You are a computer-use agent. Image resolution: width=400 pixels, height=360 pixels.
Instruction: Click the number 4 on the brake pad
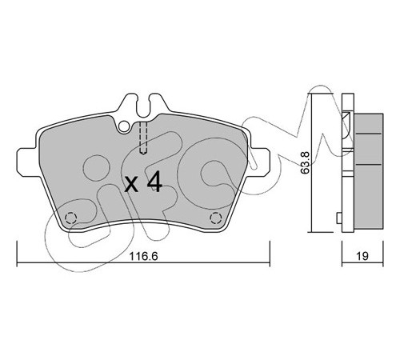[x=154, y=182]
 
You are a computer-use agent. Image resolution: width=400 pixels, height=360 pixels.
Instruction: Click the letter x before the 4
[x=132, y=185]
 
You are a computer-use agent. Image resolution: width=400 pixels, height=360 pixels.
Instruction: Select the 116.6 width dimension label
[x=143, y=256]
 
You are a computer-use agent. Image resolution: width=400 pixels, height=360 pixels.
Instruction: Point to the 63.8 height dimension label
[x=305, y=162]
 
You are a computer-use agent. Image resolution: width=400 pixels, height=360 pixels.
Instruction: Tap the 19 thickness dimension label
[x=362, y=256]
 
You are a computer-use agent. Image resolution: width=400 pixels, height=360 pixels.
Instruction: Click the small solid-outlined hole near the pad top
[x=124, y=126]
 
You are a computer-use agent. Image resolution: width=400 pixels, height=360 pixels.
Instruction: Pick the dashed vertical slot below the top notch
[x=143, y=138]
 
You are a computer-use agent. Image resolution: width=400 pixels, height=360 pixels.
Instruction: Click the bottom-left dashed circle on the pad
[x=71, y=218]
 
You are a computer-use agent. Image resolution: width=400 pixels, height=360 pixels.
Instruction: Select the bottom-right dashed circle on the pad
[x=215, y=218]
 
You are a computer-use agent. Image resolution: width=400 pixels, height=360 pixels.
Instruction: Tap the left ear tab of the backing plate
[x=28, y=162]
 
